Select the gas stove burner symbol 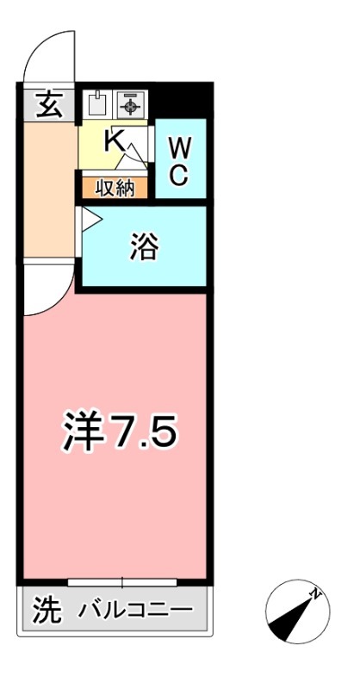tap(130, 105)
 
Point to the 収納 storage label tap(115, 188)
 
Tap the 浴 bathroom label tap(143, 247)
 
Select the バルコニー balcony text tap(136, 611)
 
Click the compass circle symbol tap(295, 613)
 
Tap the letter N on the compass tap(316, 593)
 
